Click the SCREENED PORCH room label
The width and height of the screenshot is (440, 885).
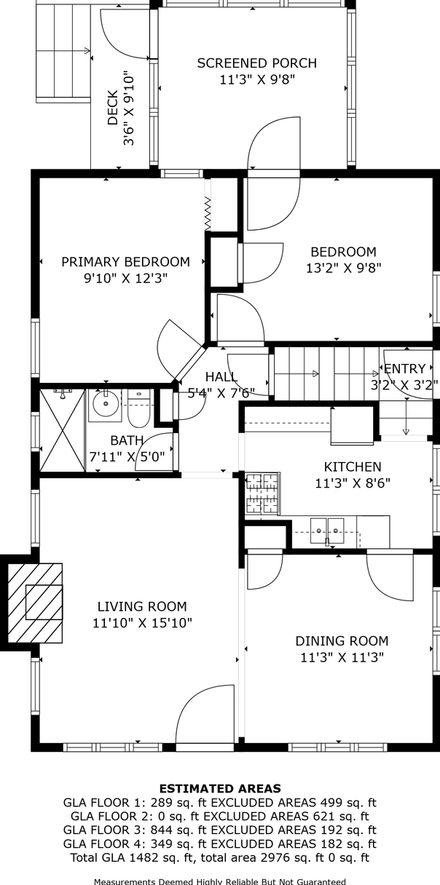point(257,63)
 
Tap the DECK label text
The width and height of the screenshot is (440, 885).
point(113,108)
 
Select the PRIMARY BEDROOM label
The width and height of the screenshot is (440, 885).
point(126,262)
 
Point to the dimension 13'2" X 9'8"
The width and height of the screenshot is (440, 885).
point(344,269)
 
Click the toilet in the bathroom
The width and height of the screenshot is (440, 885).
point(138,409)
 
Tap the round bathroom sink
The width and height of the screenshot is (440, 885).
point(106,403)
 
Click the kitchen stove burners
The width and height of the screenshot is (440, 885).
point(262,493)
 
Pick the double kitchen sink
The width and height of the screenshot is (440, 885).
point(327,531)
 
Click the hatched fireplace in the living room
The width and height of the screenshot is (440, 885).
point(35,603)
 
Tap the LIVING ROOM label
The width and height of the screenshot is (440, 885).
point(142,606)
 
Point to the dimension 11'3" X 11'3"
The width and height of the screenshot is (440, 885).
point(342,657)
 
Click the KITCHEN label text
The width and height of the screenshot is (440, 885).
point(353,467)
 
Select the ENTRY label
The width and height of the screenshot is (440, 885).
point(404,368)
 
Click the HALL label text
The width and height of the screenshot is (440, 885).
point(221,377)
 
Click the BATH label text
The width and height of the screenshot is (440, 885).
point(127,440)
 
